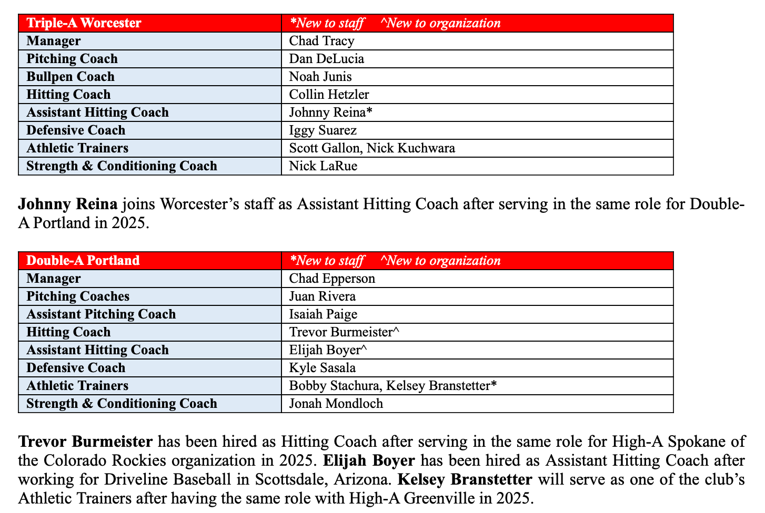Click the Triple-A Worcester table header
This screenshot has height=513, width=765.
84,23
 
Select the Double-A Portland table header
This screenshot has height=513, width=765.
83,261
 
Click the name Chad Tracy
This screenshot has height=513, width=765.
321,41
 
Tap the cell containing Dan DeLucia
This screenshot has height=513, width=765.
326,59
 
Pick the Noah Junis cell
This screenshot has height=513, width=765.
320,77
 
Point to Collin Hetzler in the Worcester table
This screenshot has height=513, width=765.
329,95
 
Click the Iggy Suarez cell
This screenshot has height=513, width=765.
323,130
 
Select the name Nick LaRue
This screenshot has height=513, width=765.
323,166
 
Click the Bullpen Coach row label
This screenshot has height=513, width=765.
71,77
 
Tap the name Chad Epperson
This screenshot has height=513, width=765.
332,279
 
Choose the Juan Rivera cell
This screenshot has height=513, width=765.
322,296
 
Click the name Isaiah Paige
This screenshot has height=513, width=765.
323,314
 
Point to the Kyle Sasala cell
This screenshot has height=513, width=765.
322,368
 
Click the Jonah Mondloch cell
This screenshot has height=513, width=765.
336,404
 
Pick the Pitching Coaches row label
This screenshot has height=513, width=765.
78,296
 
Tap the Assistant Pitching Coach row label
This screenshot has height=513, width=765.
101,314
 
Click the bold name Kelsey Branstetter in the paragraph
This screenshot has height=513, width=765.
465,479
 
